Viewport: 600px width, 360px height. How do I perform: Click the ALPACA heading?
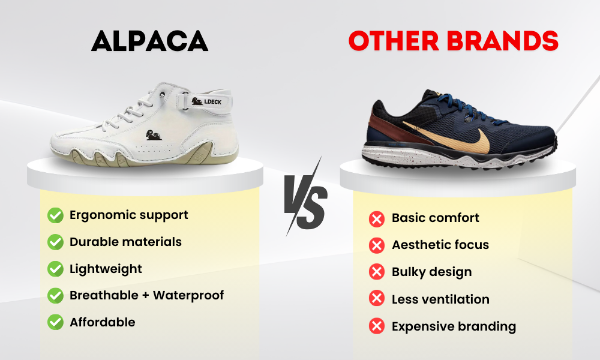[x=149, y=41]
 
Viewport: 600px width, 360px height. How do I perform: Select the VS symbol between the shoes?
[x=306, y=197]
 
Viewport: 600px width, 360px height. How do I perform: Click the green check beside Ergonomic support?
[x=55, y=215]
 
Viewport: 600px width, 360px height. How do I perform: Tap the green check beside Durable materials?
[x=55, y=242]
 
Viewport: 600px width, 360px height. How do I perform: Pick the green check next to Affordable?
[x=55, y=322]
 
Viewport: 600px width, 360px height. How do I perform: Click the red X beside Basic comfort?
[x=377, y=219]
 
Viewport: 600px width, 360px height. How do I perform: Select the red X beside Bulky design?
[x=377, y=272]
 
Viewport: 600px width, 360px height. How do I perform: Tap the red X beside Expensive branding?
[x=377, y=326]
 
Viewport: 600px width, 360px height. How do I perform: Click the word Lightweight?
[x=106, y=269]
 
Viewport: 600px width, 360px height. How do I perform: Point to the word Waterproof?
[x=188, y=295]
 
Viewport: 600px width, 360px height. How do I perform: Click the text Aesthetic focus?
[x=440, y=245]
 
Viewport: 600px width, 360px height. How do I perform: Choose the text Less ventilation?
[x=440, y=299]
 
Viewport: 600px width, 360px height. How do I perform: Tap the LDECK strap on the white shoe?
[x=205, y=101]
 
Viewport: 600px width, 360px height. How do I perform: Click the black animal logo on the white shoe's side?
[x=154, y=135]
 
